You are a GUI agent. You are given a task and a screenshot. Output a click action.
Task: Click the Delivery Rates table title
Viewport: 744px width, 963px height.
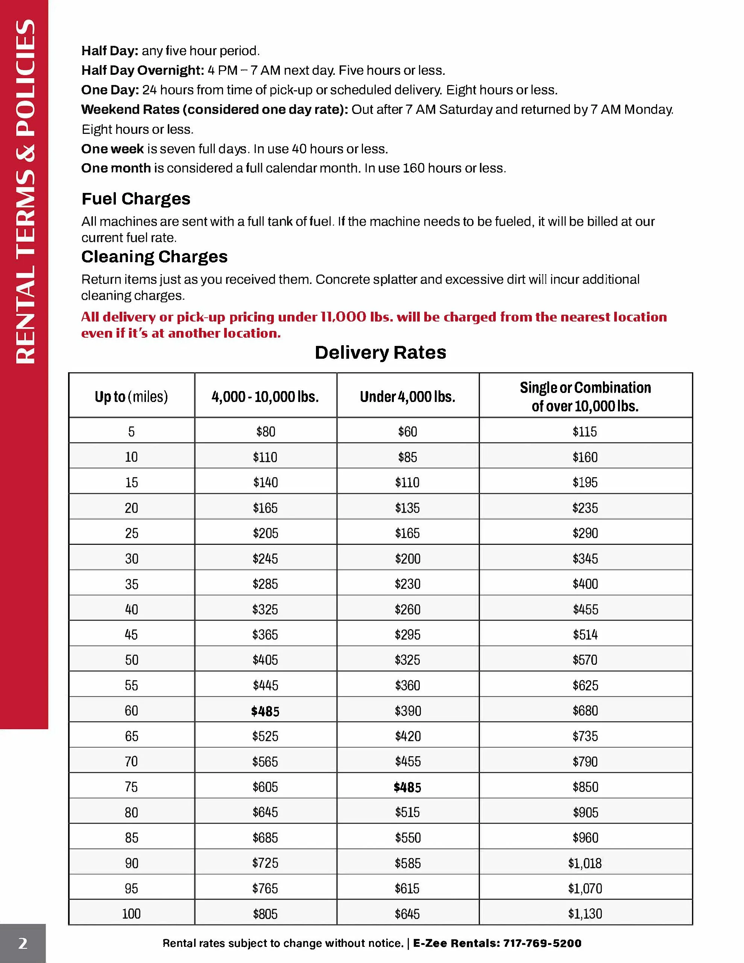click(380, 353)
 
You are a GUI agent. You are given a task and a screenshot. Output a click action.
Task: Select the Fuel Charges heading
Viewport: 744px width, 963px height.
click(136, 199)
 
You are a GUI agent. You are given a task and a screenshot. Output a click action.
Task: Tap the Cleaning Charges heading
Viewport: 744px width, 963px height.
click(154, 256)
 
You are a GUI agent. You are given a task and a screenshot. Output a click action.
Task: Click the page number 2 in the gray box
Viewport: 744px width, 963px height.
click(23, 943)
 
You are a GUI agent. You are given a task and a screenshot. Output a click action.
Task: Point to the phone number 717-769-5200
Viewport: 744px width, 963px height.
click(542, 943)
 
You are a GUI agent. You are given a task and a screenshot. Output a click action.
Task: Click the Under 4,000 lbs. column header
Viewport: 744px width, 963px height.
click(407, 397)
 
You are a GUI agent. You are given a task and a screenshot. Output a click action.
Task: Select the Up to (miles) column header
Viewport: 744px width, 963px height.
click(131, 397)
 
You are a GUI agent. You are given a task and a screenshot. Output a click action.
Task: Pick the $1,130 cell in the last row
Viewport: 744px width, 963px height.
click(585, 914)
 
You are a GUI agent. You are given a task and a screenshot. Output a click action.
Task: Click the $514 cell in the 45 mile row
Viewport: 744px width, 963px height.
click(585, 634)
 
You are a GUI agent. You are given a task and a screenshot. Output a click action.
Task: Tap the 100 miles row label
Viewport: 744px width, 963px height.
click(131, 914)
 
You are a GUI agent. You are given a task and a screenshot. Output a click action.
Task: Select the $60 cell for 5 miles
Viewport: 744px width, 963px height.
click(407, 431)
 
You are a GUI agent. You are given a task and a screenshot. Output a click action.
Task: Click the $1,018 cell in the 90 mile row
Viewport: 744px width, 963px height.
click(585, 863)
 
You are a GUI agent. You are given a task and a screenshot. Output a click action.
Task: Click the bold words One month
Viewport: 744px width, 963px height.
click(116, 168)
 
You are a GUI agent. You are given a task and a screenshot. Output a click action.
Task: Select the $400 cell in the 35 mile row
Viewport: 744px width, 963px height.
click(585, 584)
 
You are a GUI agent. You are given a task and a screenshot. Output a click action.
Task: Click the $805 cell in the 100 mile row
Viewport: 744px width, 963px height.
click(265, 914)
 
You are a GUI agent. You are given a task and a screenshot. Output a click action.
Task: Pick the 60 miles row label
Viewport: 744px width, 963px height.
click(131, 711)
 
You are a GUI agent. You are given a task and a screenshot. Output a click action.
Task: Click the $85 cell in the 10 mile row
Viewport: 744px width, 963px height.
click(407, 457)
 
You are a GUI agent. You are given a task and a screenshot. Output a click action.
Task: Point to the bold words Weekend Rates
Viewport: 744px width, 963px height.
click(130, 109)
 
